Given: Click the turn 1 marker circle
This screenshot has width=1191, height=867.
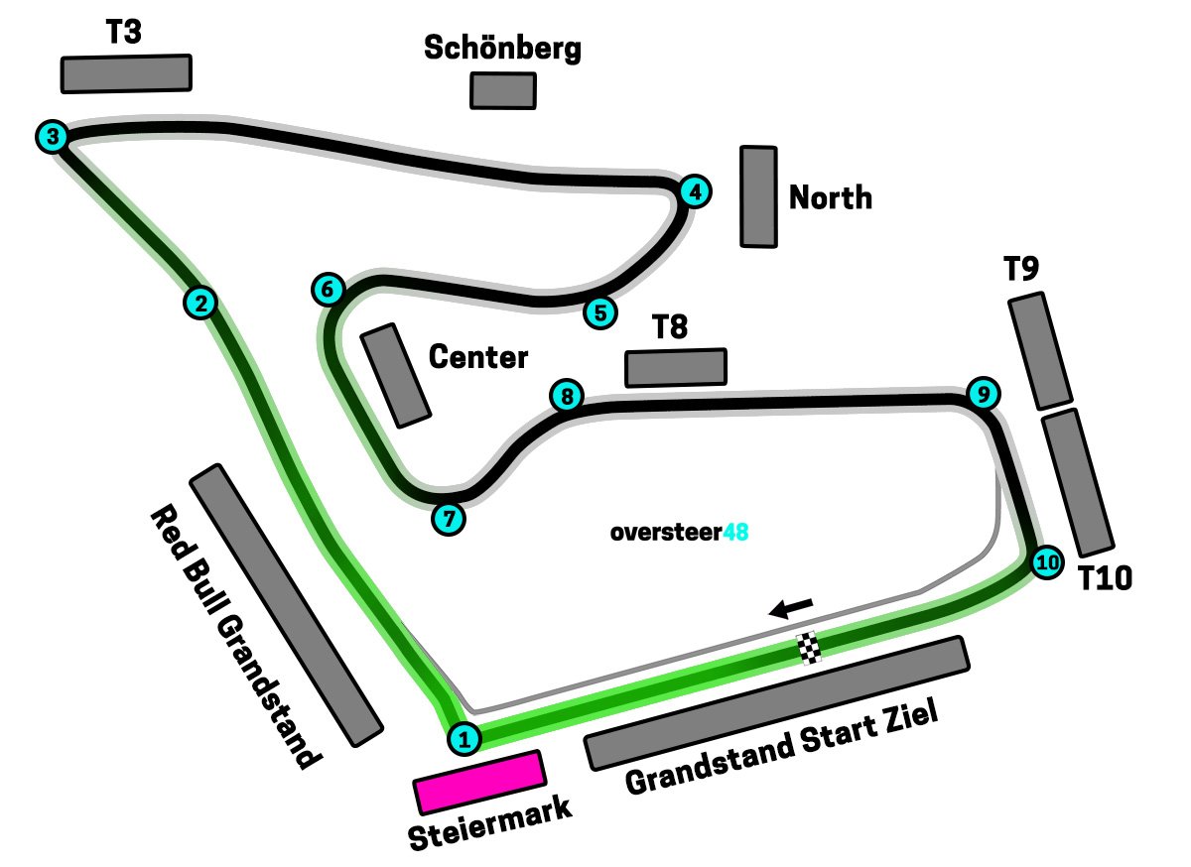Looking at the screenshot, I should (x=464, y=738).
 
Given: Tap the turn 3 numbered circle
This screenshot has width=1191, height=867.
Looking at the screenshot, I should (x=53, y=136).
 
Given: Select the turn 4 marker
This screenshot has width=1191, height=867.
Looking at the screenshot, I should (x=696, y=191).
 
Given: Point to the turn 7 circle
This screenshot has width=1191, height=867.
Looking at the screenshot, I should (x=448, y=518).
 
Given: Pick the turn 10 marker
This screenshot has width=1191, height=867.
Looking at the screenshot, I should (x=1046, y=563).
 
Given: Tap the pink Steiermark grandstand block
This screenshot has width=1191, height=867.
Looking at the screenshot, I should (x=479, y=782).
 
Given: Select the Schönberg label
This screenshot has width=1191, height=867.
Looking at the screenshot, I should (x=502, y=48).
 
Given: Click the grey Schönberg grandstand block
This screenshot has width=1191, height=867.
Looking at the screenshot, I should (x=503, y=89).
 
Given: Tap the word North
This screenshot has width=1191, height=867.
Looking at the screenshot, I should (x=831, y=197).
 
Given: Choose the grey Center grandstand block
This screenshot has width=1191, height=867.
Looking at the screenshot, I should (x=395, y=376).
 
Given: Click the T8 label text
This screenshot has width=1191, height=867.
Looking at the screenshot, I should (x=670, y=327).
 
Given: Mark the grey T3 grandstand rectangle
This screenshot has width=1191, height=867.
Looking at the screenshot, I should (x=126, y=73).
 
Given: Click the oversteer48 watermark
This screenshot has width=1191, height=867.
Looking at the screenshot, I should (x=679, y=533).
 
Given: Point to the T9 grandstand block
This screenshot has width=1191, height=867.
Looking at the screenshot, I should (x=1040, y=350).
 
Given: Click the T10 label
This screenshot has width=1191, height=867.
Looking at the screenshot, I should (x=1106, y=578).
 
